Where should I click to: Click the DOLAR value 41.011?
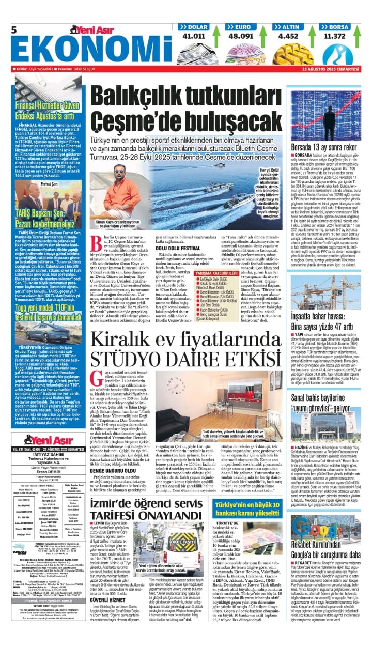(194, 36)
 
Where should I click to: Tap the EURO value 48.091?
(241, 36)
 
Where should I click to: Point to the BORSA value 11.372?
(334, 36)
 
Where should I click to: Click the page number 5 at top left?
(14, 29)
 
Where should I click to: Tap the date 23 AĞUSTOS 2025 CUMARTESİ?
(331, 69)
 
